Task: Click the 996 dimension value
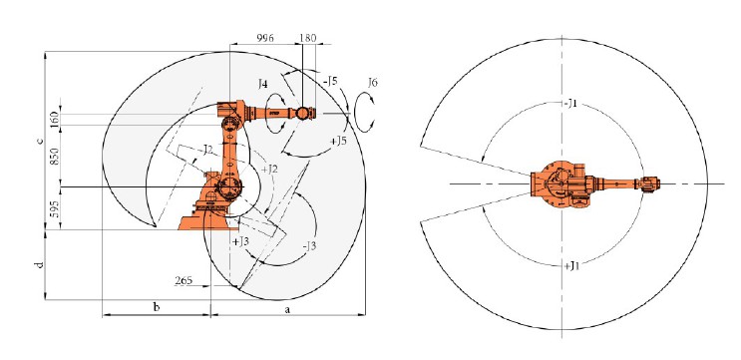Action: [265, 38]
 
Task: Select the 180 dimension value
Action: [308, 38]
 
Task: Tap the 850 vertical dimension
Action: [54, 156]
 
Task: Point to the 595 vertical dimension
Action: [54, 208]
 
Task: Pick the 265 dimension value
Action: [184, 280]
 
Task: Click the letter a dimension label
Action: [286, 310]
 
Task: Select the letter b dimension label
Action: [157, 307]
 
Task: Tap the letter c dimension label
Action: [41, 141]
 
